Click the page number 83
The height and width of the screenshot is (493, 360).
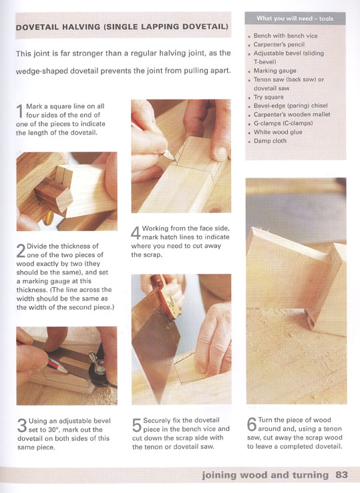pos(341,474)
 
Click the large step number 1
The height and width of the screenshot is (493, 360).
pos(20,112)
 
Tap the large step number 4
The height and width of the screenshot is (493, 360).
pos(136,233)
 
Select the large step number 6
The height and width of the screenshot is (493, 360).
pos(252,424)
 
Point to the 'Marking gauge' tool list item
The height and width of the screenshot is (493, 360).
pos(275,71)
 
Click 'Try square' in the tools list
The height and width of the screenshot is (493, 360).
pos(268,97)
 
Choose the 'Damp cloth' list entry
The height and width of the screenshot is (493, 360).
pos(270,141)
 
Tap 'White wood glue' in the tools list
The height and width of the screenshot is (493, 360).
pos(278,132)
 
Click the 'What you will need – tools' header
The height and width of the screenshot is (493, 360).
pos(295,19)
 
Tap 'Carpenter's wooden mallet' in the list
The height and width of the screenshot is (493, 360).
pos(292,114)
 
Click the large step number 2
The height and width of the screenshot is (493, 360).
pos(21,251)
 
